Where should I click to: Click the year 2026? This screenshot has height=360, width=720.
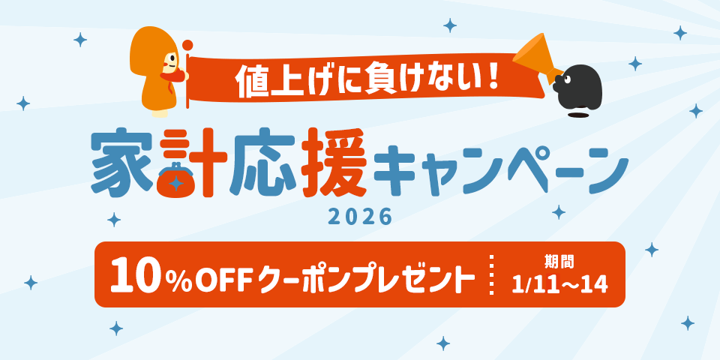[360, 217]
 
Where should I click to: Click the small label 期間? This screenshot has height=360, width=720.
[559, 262]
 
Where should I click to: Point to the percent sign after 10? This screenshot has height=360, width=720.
[177, 279]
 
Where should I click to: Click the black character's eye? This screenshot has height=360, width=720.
[568, 78]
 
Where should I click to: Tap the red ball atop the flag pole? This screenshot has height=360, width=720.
[187, 44]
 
